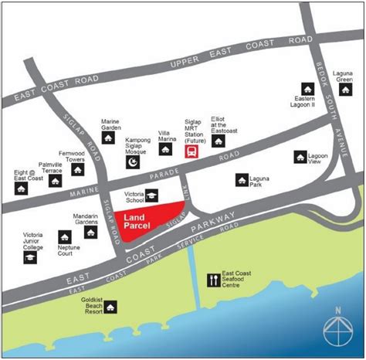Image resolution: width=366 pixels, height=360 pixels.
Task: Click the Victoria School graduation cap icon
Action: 152,195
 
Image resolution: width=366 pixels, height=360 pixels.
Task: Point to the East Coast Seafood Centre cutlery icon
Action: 213,280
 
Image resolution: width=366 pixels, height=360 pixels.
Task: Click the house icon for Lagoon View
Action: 300,158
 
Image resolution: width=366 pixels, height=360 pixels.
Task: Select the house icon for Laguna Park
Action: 242,179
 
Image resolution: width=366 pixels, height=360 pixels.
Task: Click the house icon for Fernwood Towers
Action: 77,169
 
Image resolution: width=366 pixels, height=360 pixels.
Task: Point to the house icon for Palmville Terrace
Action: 55,181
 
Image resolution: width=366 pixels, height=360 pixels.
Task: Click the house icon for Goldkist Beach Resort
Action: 112,309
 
